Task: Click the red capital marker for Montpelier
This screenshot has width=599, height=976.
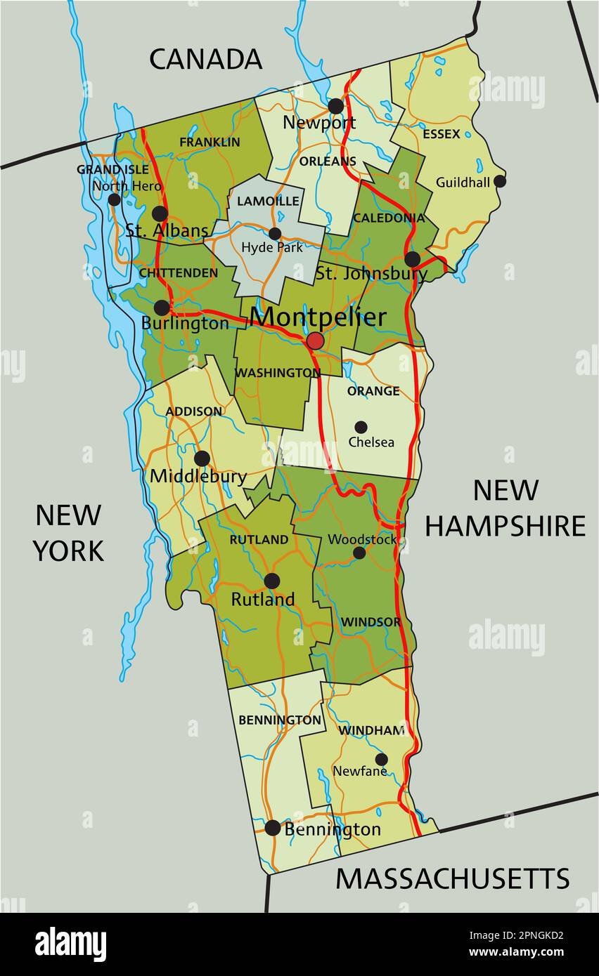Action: tap(315, 341)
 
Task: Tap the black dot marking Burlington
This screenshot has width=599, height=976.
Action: tap(162, 308)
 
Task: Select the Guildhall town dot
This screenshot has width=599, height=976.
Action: tap(499, 181)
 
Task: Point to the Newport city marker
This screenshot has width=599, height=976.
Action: tap(336, 106)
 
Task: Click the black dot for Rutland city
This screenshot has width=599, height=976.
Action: tap(271, 581)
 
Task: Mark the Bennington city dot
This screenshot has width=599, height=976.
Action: tap(273, 828)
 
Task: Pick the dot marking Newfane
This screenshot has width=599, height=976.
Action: tap(381, 759)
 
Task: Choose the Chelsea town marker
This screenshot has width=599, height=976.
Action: tap(361, 427)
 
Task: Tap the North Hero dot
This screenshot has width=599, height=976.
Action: tap(114, 199)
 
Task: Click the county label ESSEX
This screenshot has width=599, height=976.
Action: tap(442, 133)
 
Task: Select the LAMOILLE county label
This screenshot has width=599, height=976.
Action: tap(268, 201)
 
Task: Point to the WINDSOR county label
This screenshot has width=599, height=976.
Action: tap(371, 622)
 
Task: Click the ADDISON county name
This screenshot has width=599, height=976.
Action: tap(194, 411)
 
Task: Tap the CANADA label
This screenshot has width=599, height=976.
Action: tap(205, 60)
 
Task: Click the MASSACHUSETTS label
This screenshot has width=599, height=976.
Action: tap(452, 878)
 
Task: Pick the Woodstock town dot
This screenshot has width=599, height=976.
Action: tap(359, 553)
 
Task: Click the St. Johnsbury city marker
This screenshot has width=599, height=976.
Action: tap(413, 259)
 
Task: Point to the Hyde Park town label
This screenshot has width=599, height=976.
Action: tap(272, 247)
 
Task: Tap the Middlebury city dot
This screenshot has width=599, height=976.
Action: tap(202, 459)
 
